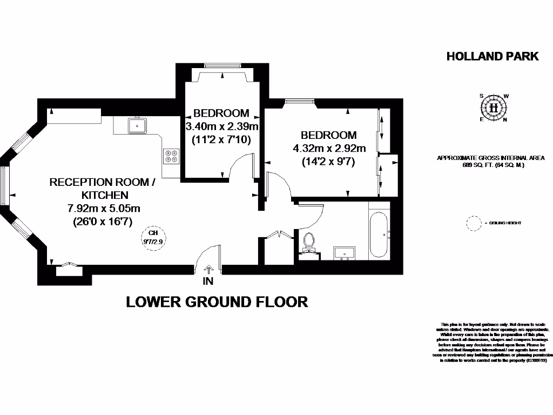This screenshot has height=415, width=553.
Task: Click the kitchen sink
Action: tap(138, 125)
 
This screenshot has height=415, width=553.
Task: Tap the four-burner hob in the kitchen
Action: tap(171, 156)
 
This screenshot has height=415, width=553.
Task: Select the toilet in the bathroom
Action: tap(309, 242)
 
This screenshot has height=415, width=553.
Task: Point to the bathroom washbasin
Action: tap(345, 252)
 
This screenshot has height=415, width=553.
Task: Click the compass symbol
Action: tap(494, 107)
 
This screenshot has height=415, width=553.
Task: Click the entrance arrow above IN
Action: tap(209, 270)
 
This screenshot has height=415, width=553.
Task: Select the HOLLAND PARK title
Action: tap(493, 56)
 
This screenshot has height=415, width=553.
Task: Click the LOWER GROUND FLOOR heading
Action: tap(217, 302)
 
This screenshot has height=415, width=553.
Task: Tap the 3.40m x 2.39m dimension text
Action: tap(222, 127)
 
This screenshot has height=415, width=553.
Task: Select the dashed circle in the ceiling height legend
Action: tap(473, 223)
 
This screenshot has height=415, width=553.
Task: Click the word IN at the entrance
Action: tap(208, 281)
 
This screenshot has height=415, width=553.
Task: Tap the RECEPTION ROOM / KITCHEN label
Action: tap(102, 188)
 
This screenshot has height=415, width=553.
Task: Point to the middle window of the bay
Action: tap(4, 186)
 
